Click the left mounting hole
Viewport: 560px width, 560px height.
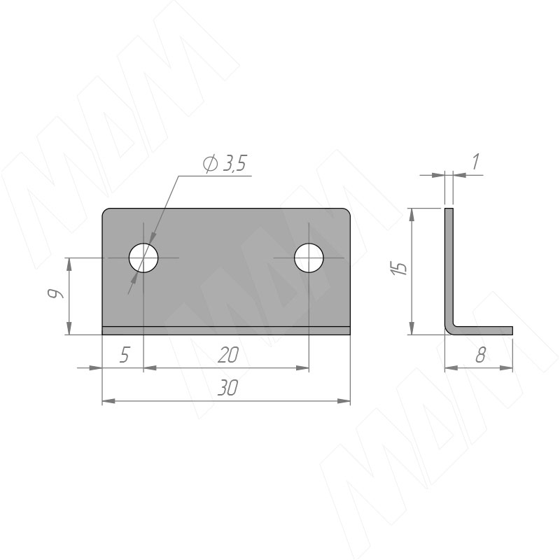pyautogui.click(x=143, y=258)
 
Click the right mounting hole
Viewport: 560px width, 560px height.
pyautogui.click(x=309, y=258)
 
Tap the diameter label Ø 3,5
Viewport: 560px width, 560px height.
pyautogui.click(x=225, y=164)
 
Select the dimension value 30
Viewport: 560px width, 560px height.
pyautogui.click(x=227, y=388)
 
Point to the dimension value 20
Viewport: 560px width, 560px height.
pyautogui.click(x=228, y=355)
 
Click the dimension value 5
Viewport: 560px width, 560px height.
pyautogui.click(x=124, y=355)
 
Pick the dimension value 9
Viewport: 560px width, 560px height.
pyautogui.click(x=55, y=293)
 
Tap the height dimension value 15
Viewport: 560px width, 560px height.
pyautogui.click(x=399, y=268)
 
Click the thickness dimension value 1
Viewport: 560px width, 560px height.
pyautogui.click(x=475, y=162)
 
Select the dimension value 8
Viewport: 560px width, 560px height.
pyautogui.click(x=481, y=355)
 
